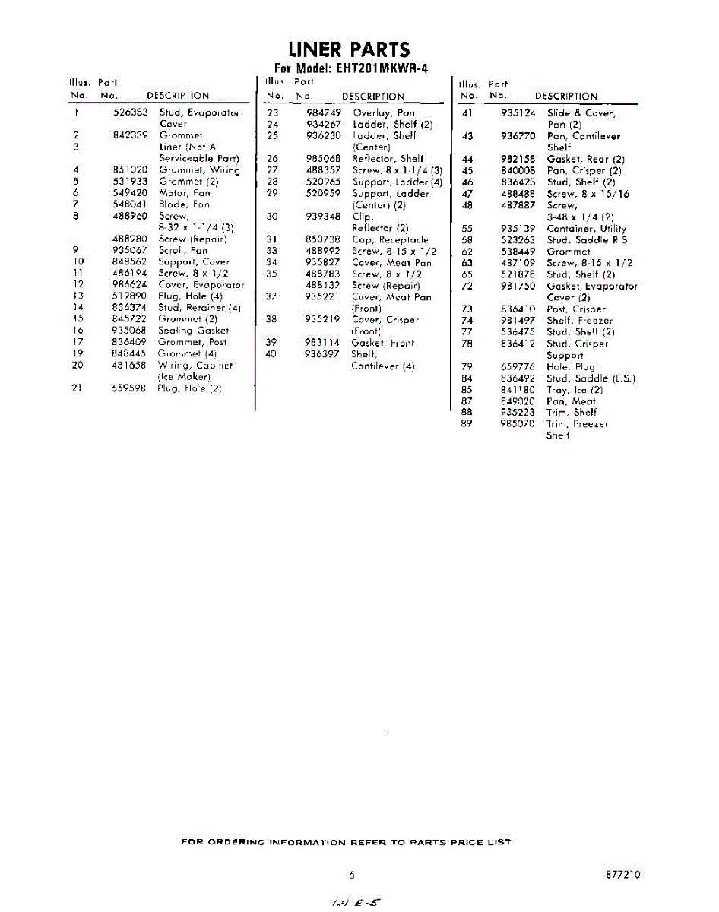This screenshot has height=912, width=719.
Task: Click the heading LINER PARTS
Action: pos(350,50)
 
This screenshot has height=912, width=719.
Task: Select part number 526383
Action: pos(129,112)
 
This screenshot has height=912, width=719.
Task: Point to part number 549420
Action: pos(129,193)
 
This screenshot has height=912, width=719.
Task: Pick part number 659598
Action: pos(129,388)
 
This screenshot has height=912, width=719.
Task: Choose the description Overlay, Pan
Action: pos(384,112)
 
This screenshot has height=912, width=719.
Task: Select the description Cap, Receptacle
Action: pos(390,239)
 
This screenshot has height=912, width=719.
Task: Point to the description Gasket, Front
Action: pos(383,343)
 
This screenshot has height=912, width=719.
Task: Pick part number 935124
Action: pos(518,112)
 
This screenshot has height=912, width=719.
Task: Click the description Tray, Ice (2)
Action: pos(575,389)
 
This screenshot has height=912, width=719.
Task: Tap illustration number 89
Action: pos(467,423)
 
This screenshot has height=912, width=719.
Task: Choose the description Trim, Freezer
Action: pos(577,423)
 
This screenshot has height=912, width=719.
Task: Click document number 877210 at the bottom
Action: pos(623,875)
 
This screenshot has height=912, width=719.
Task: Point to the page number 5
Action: pos(352,875)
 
